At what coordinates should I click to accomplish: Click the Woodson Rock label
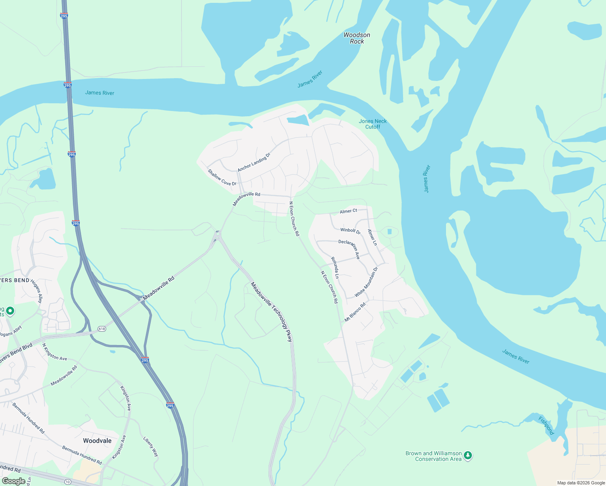click(x=356, y=38)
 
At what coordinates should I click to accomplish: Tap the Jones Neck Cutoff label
click(x=373, y=124)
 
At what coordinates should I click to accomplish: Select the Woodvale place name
click(x=97, y=441)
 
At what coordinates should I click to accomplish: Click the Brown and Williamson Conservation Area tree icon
click(x=468, y=456)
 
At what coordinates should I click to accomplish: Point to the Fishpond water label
click(x=546, y=425)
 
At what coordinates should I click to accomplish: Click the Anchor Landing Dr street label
click(x=254, y=162)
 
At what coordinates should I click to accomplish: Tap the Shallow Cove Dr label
click(x=222, y=177)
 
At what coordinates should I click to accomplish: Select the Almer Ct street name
click(x=348, y=211)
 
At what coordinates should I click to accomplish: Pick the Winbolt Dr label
click(x=350, y=231)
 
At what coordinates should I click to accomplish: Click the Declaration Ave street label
click(x=349, y=249)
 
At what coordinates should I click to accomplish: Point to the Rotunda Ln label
click(x=335, y=268)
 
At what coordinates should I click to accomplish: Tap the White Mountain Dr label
click(x=366, y=282)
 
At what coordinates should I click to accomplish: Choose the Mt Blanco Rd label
click(x=355, y=312)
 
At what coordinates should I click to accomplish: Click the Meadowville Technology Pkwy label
click(x=271, y=312)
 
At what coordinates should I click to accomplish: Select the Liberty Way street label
click(x=151, y=447)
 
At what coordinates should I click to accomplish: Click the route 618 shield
click(x=102, y=329)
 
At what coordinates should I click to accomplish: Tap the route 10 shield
click(x=67, y=482)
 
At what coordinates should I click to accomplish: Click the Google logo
click(x=13, y=481)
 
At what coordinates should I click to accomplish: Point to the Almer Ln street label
click(x=372, y=237)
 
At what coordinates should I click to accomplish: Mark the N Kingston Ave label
click(x=55, y=352)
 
